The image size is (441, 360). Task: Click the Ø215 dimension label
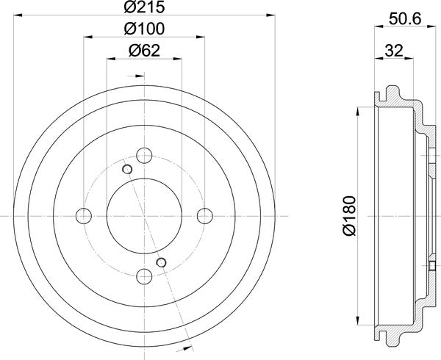point(145,8)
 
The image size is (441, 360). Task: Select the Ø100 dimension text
point(145,29)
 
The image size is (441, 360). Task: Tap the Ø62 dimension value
point(145,51)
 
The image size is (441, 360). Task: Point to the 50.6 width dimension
point(401,21)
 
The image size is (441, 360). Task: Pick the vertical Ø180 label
point(348,215)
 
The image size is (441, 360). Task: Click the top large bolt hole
point(145,155)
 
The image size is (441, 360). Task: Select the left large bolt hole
point(85,215)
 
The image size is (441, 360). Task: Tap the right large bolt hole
point(205,215)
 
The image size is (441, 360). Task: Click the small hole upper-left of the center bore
point(127,170)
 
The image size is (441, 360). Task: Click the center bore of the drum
point(145,215)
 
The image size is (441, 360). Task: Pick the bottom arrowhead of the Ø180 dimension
point(360,324)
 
